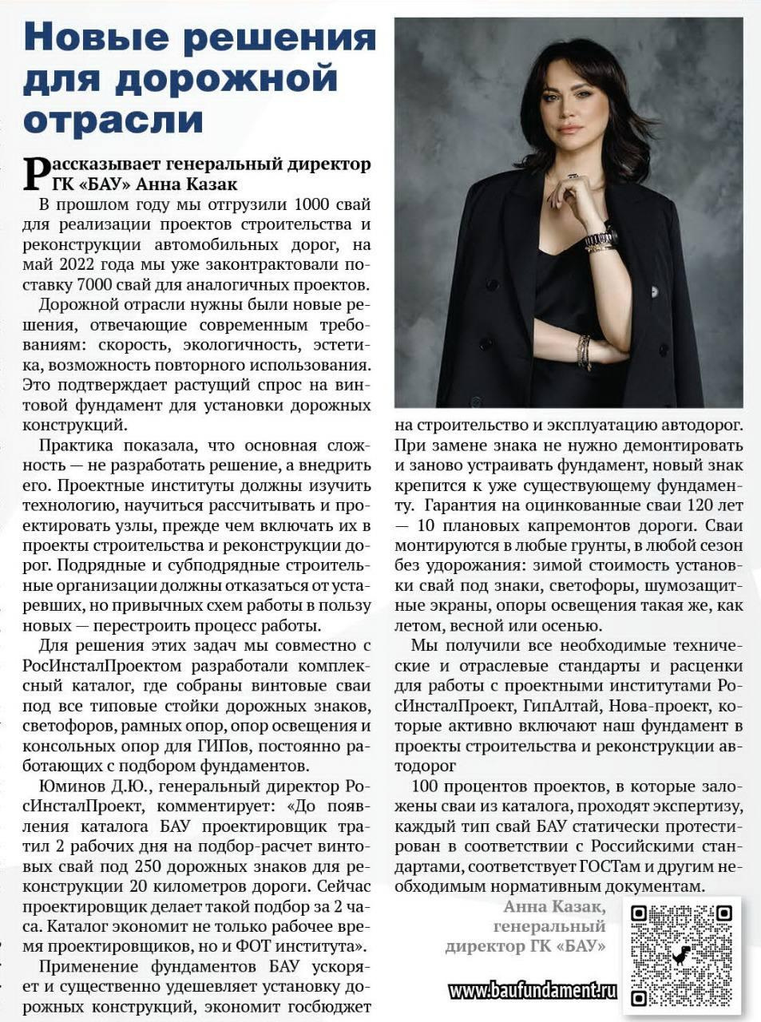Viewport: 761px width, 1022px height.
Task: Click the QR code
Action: point(681,955)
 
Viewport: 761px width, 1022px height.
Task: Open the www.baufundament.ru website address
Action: point(533,991)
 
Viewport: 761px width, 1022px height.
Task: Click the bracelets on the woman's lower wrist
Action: point(582,351)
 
